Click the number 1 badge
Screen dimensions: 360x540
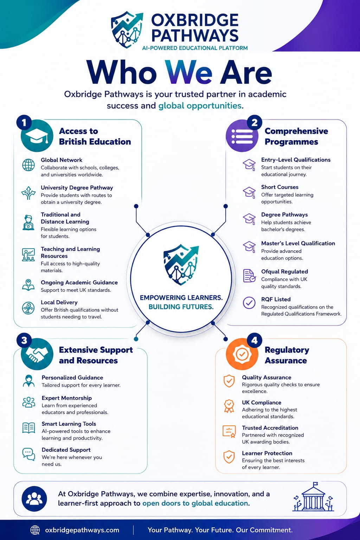click(x=24, y=123)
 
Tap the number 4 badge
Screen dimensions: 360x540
click(x=255, y=340)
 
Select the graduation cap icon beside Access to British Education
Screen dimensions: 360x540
click(x=37, y=136)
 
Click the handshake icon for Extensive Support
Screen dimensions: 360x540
click(x=37, y=354)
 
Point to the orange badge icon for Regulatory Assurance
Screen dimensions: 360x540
click(x=242, y=354)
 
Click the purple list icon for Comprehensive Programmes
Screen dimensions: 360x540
click(x=242, y=136)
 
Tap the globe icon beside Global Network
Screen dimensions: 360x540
click(x=28, y=165)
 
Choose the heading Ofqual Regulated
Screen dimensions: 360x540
click(x=284, y=271)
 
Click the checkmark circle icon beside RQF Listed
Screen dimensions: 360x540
click(x=249, y=303)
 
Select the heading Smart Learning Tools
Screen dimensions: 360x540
click(x=69, y=424)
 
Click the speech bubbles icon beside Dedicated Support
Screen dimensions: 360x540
click(x=29, y=454)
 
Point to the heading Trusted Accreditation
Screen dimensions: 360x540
click(x=270, y=427)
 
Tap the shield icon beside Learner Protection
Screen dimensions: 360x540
click(x=229, y=457)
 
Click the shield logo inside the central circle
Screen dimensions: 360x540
click(x=181, y=265)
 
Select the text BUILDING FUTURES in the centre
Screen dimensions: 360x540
click(x=181, y=307)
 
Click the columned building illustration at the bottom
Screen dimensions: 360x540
click(x=313, y=497)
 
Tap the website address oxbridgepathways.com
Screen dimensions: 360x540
click(x=82, y=530)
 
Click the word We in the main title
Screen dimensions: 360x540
click(x=188, y=72)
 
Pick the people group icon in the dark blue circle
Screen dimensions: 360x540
click(x=34, y=499)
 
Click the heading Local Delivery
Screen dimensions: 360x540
click(x=59, y=302)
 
